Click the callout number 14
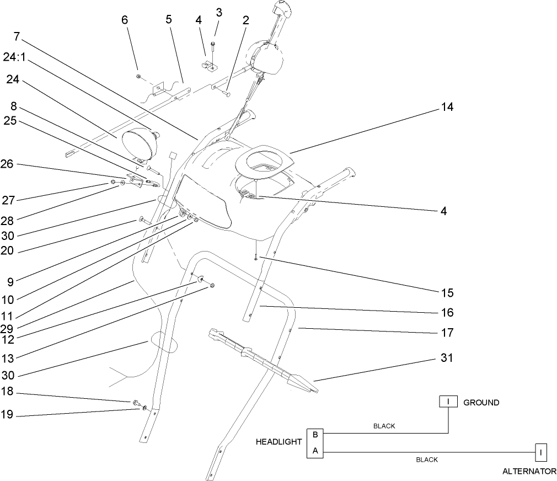tap(447, 108)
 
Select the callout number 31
tap(447, 358)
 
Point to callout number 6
tap(125, 19)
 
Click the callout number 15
tap(447, 292)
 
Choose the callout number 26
tap(13, 164)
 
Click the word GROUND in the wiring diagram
tap(481, 403)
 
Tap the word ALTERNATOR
tap(529, 472)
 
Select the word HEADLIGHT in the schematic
tap(278, 442)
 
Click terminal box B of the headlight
tap(315, 435)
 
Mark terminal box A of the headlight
tap(315, 450)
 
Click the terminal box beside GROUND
tap(448, 402)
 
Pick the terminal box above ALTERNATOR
tap(541, 453)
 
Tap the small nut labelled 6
tap(138, 76)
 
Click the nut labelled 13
tap(213, 286)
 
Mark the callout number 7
tap(17, 37)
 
